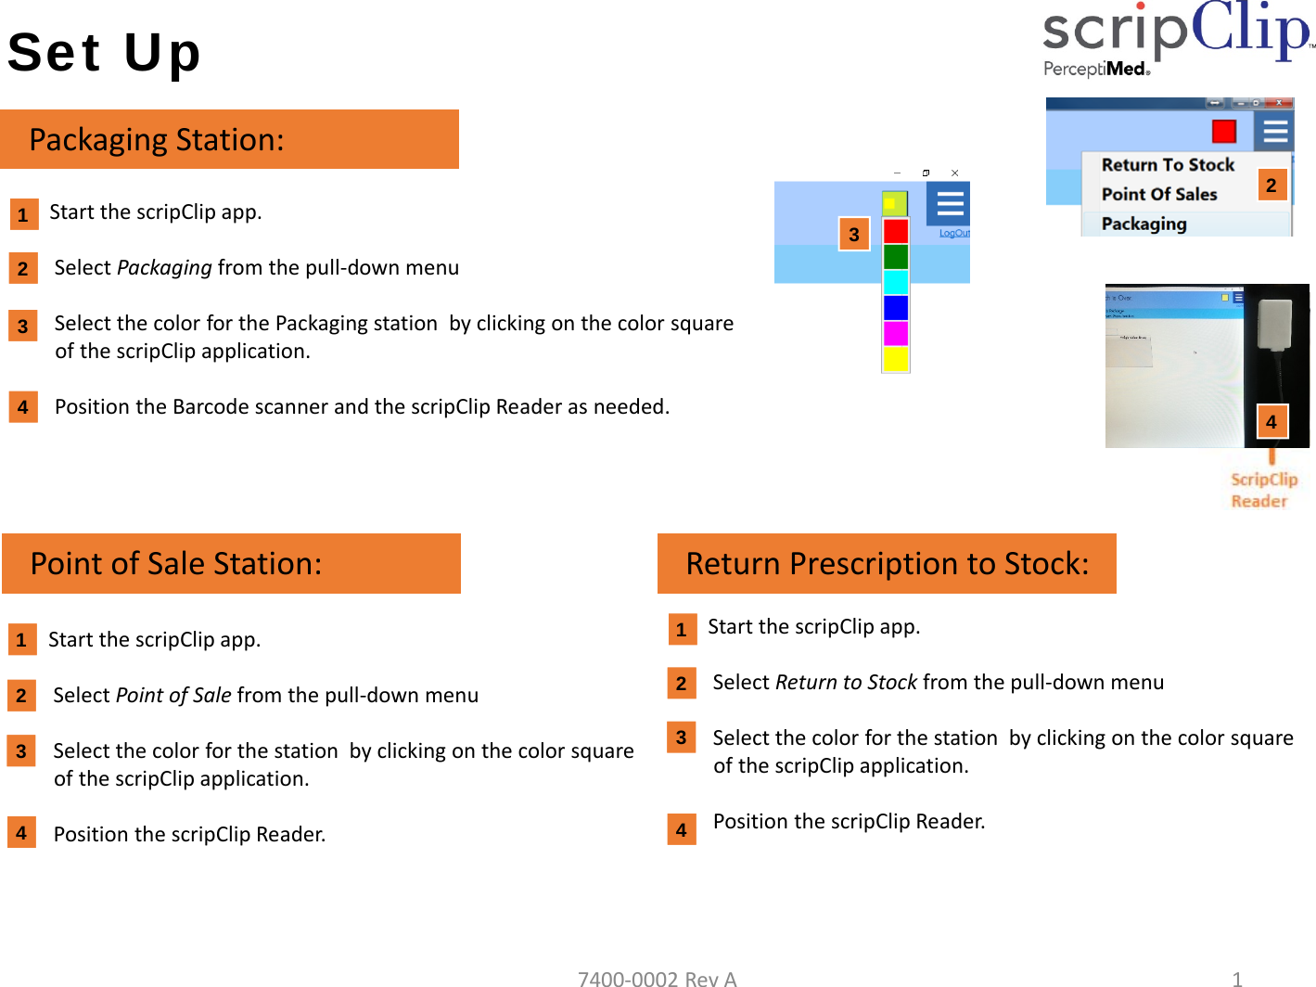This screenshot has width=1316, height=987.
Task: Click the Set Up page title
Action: coord(104,52)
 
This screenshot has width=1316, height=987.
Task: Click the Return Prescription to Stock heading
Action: coord(887,563)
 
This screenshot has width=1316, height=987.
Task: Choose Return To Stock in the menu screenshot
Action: coord(1168,165)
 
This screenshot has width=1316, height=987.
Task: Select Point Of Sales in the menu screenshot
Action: coord(1159,195)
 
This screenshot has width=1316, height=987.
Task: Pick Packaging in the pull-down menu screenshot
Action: coord(1144,224)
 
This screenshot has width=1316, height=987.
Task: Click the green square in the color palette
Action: coord(896,256)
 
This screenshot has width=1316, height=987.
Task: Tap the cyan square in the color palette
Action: coord(896,282)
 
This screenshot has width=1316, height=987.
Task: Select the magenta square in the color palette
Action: coord(896,333)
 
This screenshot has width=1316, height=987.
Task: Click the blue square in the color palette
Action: coord(896,307)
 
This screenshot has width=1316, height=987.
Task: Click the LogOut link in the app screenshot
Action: coord(953,233)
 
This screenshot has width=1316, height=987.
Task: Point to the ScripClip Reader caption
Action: coord(1263,490)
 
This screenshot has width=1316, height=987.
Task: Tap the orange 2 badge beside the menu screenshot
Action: coord(1271,185)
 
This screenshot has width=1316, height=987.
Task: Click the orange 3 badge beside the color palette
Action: coord(854,234)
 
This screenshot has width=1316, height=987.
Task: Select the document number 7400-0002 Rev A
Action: coord(657,978)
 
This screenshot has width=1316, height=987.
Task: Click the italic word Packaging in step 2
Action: coord(164,268)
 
